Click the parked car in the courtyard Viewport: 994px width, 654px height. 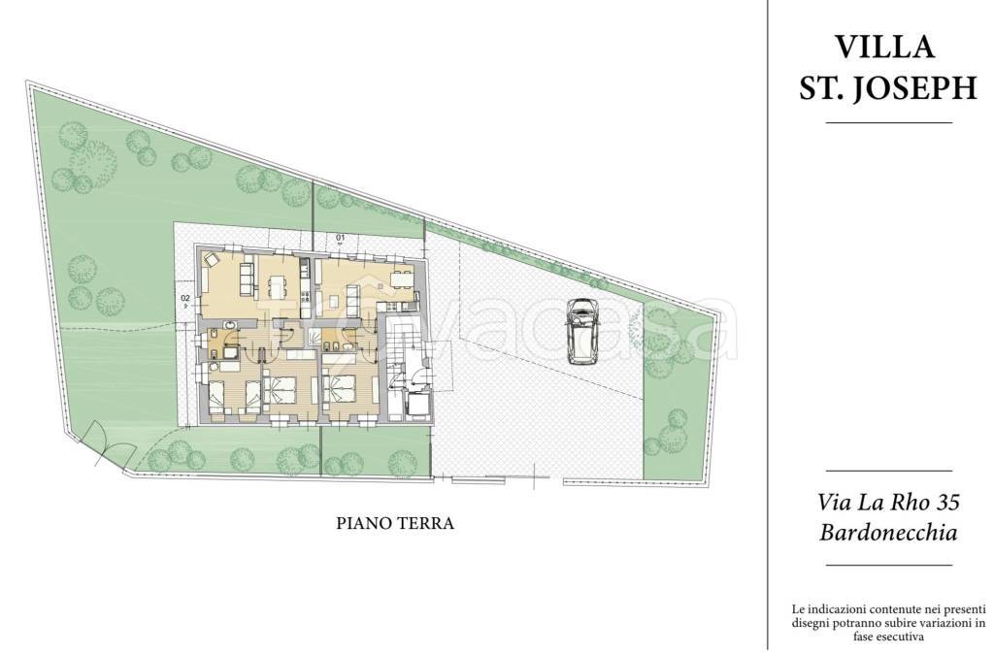(582, 331)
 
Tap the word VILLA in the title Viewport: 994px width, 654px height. (884, 47)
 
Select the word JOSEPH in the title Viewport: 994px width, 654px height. (914, 88)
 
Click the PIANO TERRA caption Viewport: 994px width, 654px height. (395, 523)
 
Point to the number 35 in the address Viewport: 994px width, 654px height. (947, 503)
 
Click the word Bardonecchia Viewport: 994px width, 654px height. (888, 533)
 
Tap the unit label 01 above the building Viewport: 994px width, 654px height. (340, 239)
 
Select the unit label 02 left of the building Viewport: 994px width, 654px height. (185, 297)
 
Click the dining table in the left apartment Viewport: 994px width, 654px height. (278, 287)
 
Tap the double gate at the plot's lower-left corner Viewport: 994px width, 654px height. (105, 444)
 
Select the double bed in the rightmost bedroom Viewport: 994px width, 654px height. (339, 388)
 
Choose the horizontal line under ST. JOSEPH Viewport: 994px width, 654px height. (889, 122)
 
